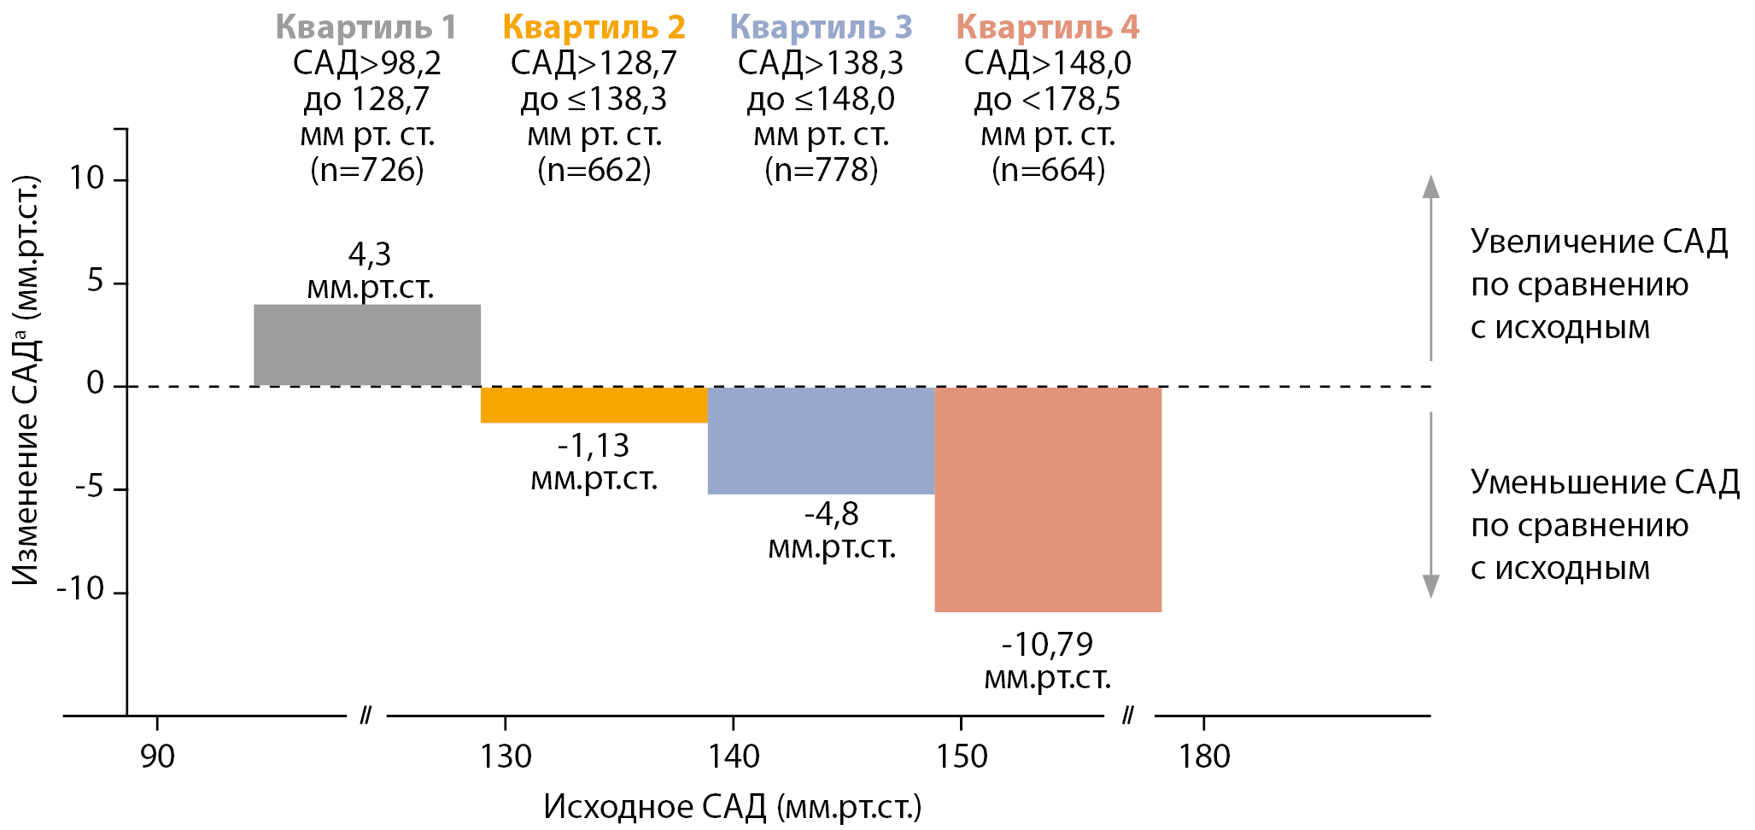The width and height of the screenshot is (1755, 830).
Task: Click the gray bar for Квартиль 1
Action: pos(367,345)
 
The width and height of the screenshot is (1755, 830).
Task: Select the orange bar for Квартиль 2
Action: pos(594,405)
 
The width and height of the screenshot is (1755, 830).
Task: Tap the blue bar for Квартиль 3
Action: pos(821,441)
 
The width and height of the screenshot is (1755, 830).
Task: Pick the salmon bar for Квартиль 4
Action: pos(1048,500)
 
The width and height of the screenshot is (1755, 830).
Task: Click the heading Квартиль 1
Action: pos(366,27)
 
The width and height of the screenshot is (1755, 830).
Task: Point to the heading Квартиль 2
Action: pos(594,27)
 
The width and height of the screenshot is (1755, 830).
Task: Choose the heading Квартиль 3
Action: pos(821,27)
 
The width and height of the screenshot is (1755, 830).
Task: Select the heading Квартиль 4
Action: pos(1048,27)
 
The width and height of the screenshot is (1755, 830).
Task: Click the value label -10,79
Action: pos(1047,645)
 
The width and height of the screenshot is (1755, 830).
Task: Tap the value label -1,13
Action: pos(594,446)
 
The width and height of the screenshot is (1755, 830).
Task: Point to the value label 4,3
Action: pos(370,254)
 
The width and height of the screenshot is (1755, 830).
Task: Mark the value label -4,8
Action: pos(832,514)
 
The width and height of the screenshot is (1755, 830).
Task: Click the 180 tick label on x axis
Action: pos(1204,757)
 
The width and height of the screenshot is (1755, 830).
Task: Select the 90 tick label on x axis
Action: pos(157,757)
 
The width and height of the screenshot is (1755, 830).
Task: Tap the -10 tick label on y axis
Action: pos(80,589)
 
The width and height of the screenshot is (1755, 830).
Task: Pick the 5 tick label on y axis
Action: pos(96,281)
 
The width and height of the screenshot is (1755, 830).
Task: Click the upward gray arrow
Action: pos(1430,265)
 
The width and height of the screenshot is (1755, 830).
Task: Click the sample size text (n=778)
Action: pos(822,170)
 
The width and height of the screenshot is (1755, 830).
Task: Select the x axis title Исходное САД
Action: pos(732,807)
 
